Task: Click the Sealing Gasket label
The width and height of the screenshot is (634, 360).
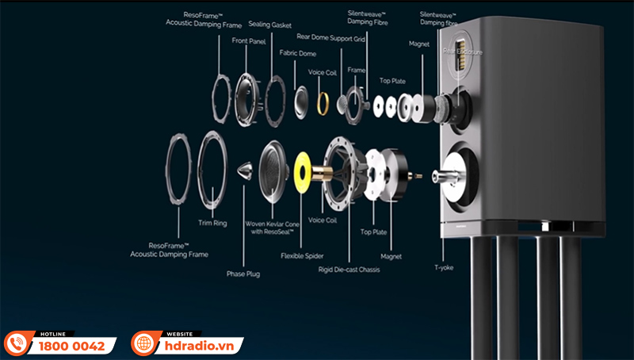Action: (269, 25)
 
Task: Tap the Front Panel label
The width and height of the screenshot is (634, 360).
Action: (248, 40)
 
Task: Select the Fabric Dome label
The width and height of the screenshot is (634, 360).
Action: (298, 53)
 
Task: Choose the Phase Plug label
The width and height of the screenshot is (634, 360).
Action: (243, 274)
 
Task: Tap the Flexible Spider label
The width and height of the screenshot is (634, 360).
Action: (302, 256)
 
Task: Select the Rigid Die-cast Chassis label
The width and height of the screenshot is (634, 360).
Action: (349, 270)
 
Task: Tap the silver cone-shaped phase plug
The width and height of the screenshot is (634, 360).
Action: (245, 170)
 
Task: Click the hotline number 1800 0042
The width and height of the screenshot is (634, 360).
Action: (71, 346)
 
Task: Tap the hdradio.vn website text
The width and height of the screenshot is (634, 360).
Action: (197, 346)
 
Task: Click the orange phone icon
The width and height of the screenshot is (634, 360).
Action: (16, 343)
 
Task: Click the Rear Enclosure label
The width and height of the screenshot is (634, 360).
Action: (463, 52)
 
